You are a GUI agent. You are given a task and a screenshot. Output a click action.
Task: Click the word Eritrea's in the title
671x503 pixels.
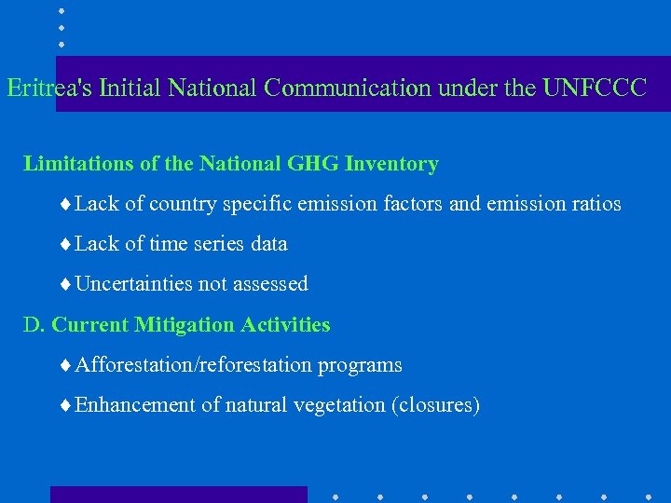click(48, 88)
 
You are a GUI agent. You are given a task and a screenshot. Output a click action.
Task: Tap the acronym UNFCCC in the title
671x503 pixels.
click(596, 88)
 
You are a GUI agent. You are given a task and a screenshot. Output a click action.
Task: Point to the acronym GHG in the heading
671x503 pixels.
click(311, 164)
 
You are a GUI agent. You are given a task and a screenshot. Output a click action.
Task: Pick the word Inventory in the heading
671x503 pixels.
click(391, 165)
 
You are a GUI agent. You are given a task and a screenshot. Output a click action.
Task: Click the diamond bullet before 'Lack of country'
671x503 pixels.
click(63, 204)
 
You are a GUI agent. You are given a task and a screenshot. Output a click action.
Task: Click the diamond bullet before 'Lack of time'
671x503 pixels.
click(63, 244)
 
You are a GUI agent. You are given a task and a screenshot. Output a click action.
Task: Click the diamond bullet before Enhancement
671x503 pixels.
click(63, 405)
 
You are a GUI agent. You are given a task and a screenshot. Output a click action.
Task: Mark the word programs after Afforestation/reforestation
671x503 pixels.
click(360, 366)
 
